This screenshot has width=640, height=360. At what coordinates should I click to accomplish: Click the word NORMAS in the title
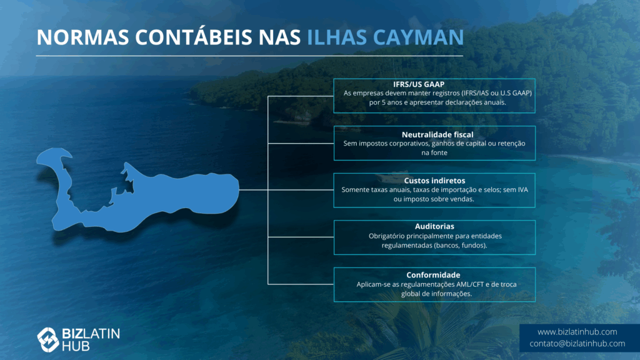coord(83,37)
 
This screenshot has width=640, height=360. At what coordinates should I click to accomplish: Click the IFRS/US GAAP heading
coord(419,84)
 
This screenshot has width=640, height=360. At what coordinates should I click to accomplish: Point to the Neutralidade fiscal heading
coord(437,135)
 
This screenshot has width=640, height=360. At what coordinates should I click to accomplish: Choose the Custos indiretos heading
coord(435,181)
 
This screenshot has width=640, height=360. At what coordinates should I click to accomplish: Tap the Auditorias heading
coord(435,226)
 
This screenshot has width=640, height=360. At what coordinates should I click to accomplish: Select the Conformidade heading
coord(433,275)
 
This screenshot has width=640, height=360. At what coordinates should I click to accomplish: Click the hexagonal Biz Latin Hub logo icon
coord(48,339)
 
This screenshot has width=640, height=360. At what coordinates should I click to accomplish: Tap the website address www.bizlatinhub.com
coord(577,332)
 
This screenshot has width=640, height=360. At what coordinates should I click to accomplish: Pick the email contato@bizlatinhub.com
coord(577,344)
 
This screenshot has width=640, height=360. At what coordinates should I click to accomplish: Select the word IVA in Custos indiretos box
coord(522,190)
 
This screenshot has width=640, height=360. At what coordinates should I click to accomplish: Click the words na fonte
coord(434,152)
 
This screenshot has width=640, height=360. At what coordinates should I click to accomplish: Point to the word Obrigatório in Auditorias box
coord(387,236)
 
